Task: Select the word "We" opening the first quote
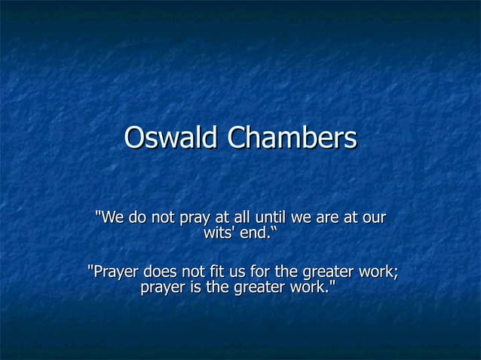tap(111, 218)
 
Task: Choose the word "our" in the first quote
tap(373, 218)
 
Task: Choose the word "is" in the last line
tap(199, 288)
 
